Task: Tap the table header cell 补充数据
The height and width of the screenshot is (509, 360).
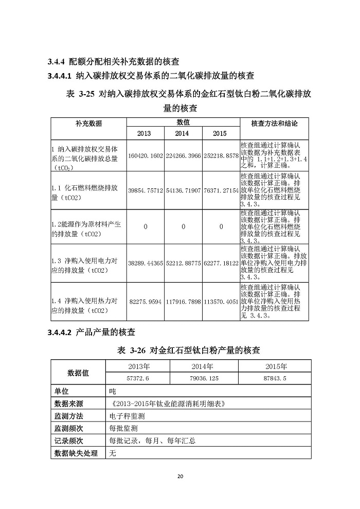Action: (88, 124)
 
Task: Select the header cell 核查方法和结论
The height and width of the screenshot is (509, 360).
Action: (274, 124)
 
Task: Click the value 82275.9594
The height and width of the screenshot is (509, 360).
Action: (146, 302)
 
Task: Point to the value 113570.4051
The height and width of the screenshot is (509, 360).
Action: (221, 302)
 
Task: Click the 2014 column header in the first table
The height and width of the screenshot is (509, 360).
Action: (182, 133)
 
